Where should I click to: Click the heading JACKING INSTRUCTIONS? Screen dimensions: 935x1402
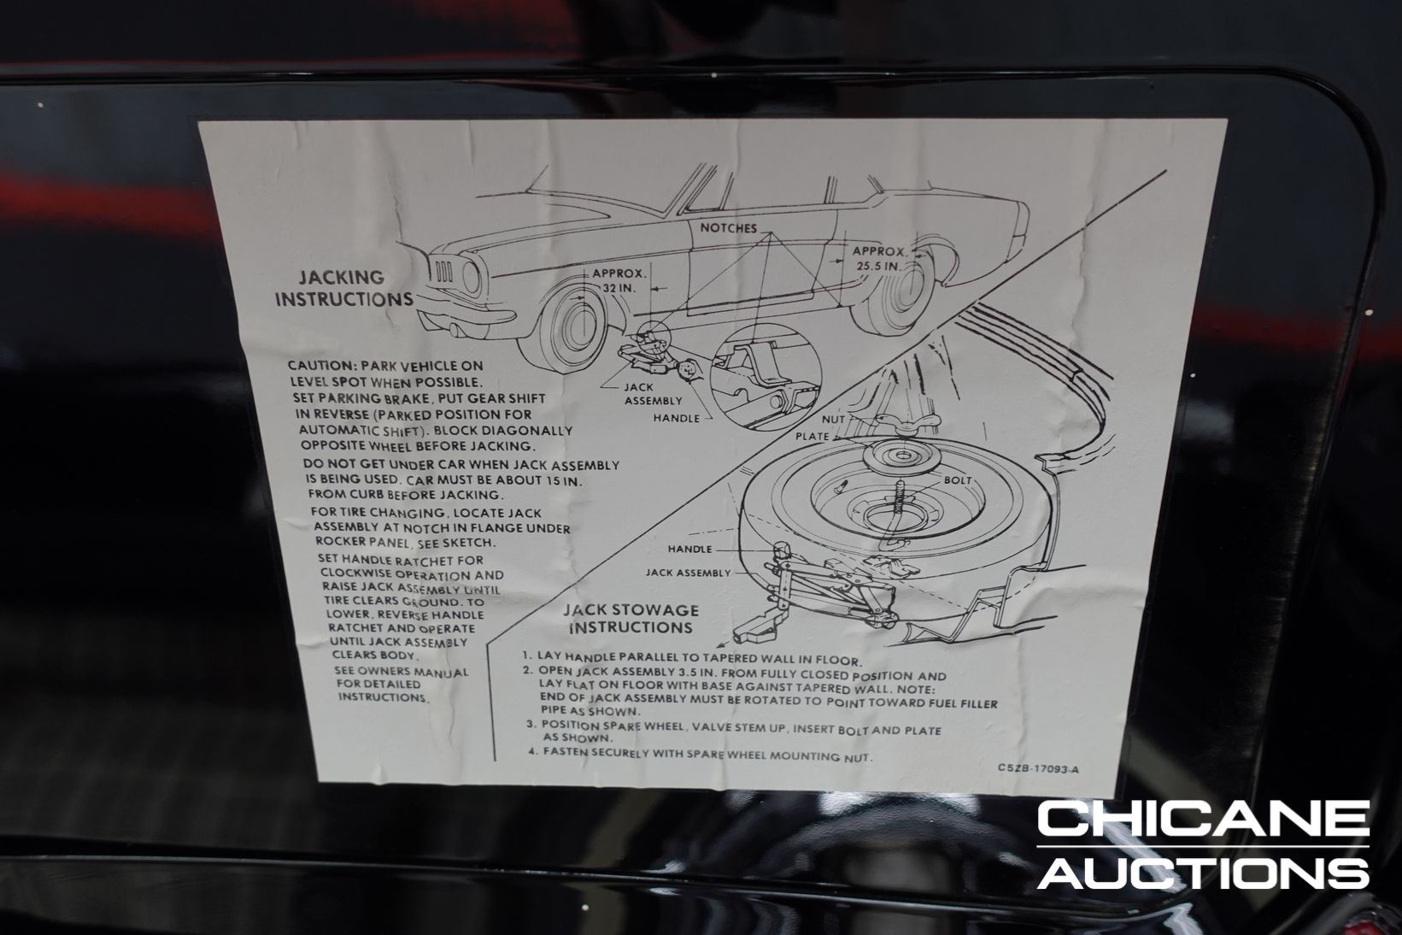[x=343, y=288]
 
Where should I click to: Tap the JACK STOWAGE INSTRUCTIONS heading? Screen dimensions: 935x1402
[x=630, y=619]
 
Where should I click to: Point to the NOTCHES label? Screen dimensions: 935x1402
[x=729, y=228]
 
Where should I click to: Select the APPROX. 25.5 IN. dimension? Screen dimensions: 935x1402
[x=878, y=258]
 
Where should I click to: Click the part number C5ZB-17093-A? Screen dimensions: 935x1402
[x=1037, y=767]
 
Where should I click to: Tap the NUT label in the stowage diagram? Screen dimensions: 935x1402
[x=832, y=420]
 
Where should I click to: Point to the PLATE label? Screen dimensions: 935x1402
[x=812, y=435]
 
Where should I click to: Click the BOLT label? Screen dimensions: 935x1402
[x=957, y=480]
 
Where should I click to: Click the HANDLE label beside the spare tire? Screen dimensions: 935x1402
[x=689, y=550]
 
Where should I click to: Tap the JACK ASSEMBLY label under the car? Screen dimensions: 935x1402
[x=653, y=394]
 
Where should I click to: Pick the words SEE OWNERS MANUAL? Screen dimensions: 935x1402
[x=402, y=672]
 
